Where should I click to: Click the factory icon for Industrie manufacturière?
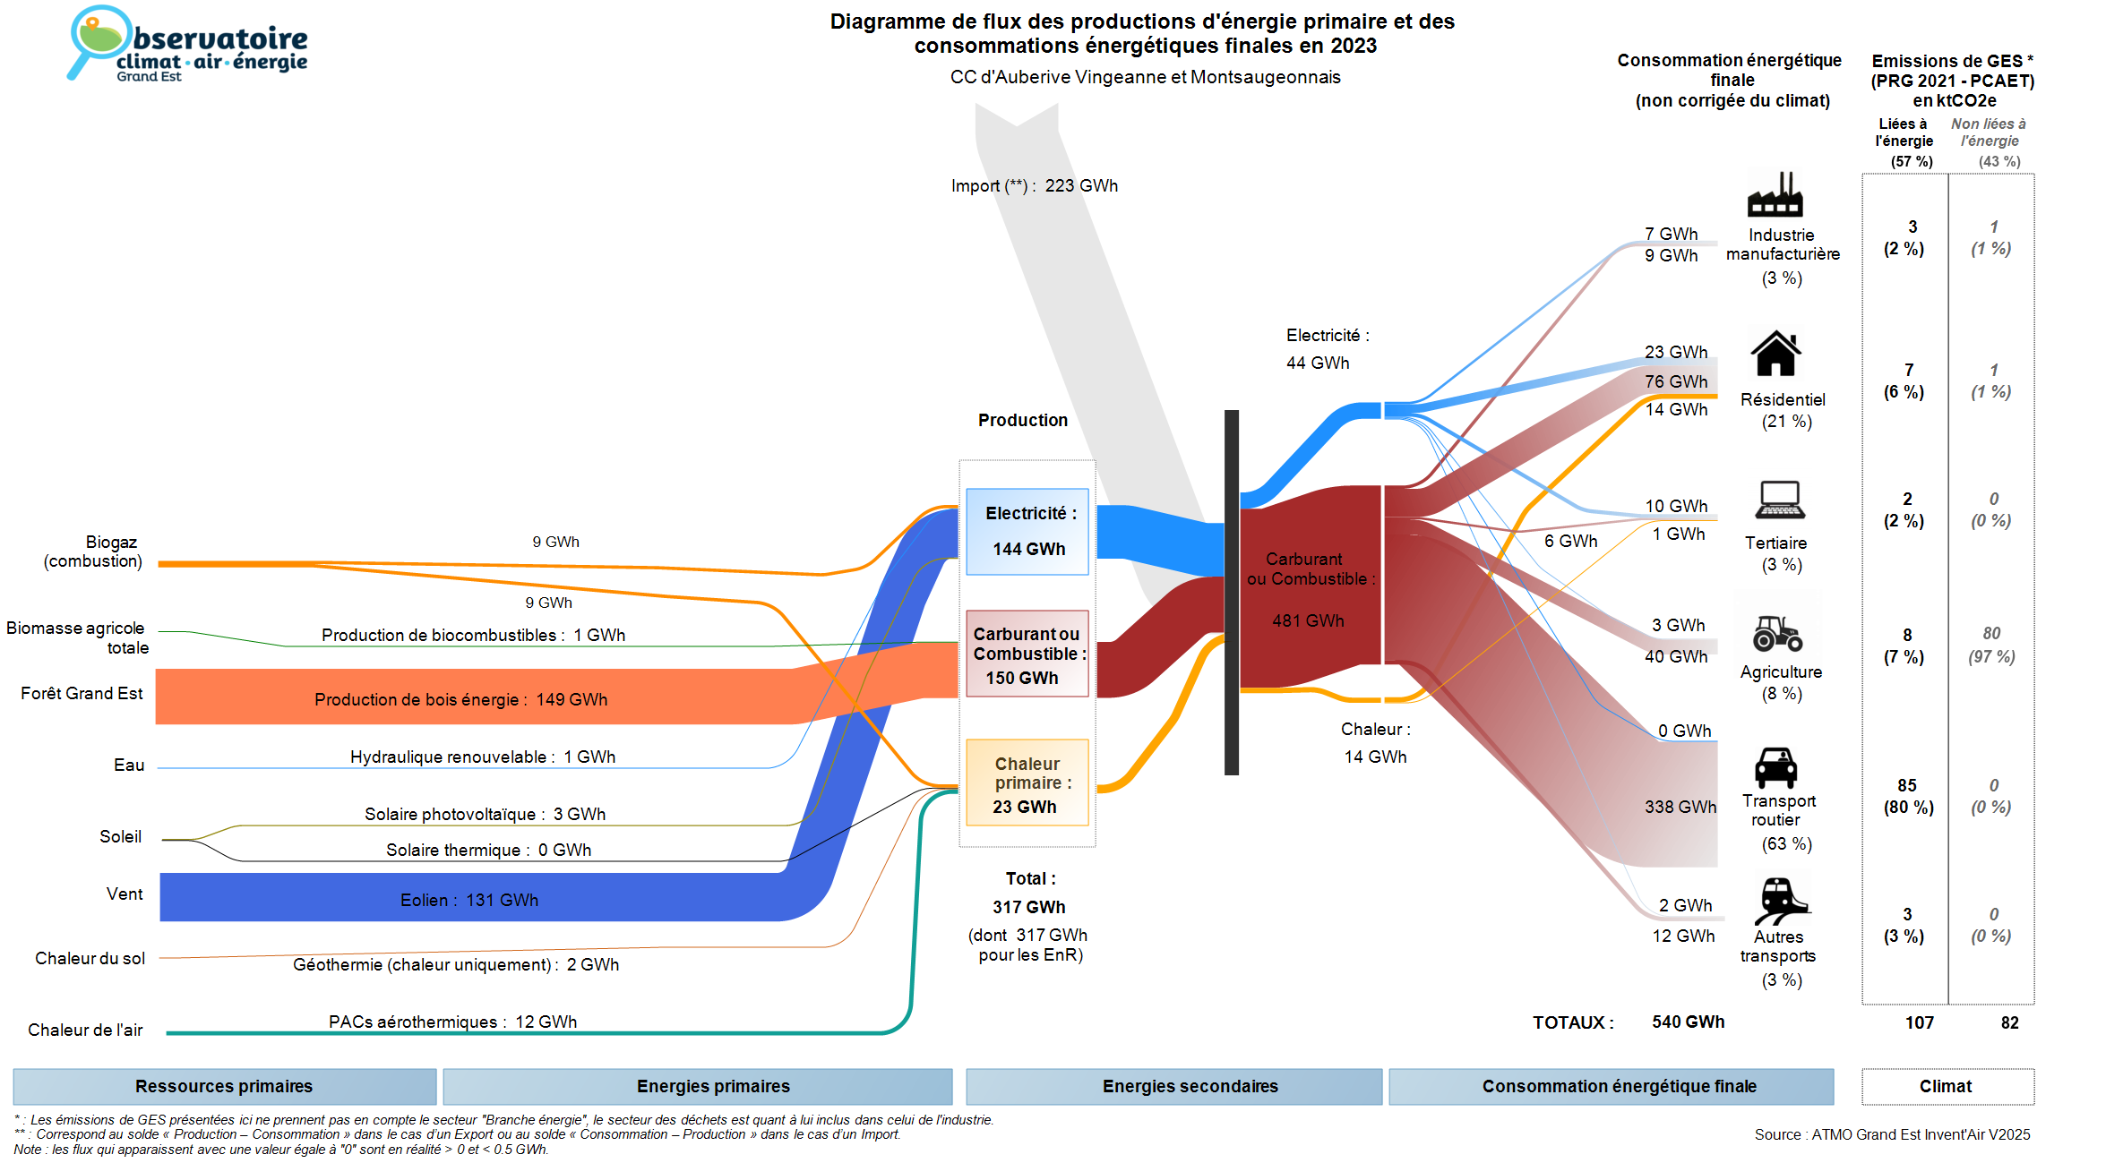(1775, 193)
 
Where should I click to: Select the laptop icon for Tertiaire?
(1779, 500)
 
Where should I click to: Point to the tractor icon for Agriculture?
(1777, 632)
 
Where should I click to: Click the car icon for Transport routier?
(1775, 767)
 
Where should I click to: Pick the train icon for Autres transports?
(1781, 901)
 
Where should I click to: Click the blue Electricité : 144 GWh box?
(1027, 531)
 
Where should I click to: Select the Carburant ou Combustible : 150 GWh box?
(1027, 654)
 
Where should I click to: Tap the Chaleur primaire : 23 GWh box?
(1027, 782)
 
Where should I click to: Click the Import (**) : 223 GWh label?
(1035, 186)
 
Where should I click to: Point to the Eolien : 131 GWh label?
(469, 900)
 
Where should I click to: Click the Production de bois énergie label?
(417, 699)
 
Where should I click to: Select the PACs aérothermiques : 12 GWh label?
(452, 1022)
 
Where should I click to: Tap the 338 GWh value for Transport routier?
(1680, 807)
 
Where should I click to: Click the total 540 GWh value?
(1689, 1022)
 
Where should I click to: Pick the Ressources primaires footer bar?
(225, 1086)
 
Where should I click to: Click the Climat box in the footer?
(1947, 1086)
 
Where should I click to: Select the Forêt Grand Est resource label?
(82, 693)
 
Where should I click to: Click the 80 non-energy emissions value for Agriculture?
(1991, 633)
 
